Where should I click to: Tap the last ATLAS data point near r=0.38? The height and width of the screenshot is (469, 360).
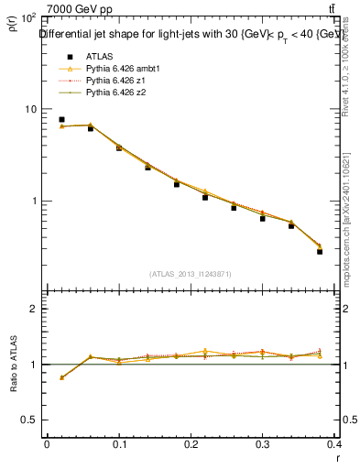pyautogui.click(x=320, y=251)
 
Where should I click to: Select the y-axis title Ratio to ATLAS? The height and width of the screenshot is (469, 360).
pyautogui.click(x=13, y=365)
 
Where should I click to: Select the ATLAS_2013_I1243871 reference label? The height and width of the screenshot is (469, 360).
pyautogui.click(x=191, y=274)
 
